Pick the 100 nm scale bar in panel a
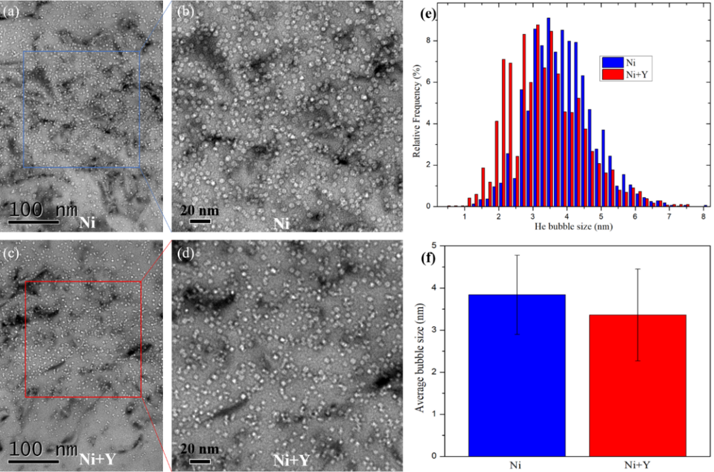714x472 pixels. click(34, 222)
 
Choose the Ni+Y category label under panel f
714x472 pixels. click(637, 465)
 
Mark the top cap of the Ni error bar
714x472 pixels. click(517, 255)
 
